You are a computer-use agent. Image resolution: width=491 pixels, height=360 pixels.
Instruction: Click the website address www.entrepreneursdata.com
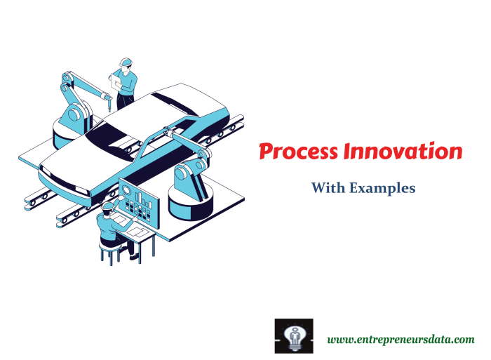[401, 339]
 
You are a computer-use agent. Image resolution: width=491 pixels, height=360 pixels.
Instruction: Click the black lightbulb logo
[293, 335]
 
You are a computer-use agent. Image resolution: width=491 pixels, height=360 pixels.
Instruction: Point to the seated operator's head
[108, 207]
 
